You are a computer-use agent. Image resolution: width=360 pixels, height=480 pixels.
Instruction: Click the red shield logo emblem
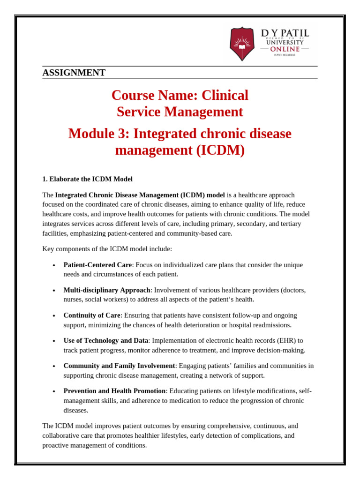(242, 43)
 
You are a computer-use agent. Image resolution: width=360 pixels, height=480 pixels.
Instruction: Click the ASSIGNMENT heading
(74, 73)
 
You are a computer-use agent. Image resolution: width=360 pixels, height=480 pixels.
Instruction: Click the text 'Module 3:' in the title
(99, 134)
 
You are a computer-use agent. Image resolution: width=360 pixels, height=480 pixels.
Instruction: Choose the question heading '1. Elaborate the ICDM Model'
(87, 179)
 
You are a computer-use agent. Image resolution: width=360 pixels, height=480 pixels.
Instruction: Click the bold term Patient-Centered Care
(97, 265)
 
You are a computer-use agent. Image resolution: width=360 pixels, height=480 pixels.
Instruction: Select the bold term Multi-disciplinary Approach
(106, 290)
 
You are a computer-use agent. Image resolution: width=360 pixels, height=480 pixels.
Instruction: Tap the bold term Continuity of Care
(92, 315)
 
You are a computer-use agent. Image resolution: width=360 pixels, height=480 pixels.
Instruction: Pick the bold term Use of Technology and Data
(105, 341)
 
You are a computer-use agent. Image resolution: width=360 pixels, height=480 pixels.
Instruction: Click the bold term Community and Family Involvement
(119, 366)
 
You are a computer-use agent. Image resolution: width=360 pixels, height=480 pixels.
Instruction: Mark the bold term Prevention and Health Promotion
(114, 391)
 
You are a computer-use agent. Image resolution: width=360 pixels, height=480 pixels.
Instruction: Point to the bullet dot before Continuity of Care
(54, 316)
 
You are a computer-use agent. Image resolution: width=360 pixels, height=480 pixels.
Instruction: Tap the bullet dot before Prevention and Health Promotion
(54, 391)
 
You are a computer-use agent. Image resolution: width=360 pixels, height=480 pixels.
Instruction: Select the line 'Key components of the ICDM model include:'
(107, 249)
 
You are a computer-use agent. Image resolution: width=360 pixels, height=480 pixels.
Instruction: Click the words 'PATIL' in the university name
(295, 33)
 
